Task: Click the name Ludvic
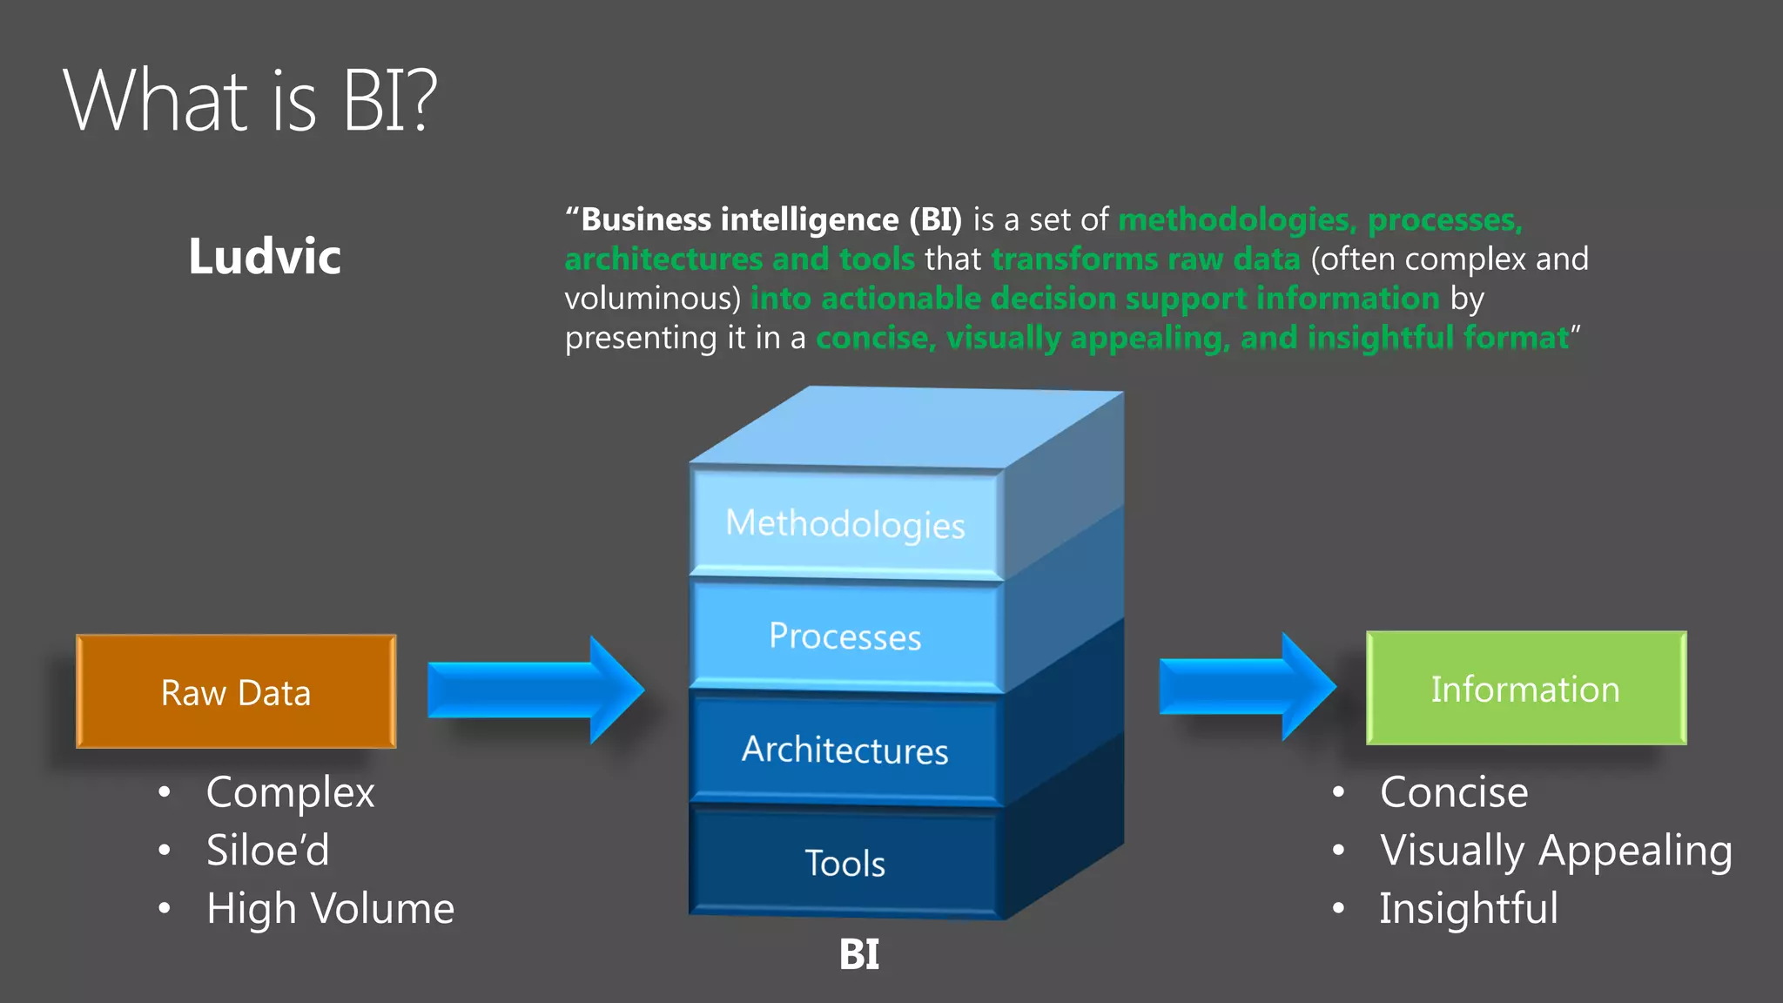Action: (x=265, y=257)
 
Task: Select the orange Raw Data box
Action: (x=236, y=691)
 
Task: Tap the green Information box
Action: (x=1525, y=688)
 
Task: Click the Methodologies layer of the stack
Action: (x=845, y=523)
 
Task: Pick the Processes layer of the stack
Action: (x=845, y=636)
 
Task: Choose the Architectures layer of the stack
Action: (x=845, y=750)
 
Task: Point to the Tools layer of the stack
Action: (x=845, y=863)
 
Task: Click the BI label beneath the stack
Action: (x=858, y=954)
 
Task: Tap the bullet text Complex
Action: (x=290, y=792)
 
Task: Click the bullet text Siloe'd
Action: (x=267, y=851)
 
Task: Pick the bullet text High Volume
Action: (x=330, y=909)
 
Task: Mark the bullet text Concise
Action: (x=1454, y=792)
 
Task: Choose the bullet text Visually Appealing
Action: (x=1556, y=851)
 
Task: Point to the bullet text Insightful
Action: (x=1469, y=909)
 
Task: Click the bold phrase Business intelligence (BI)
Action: (x=770, y=219)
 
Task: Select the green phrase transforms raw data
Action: (x=1145, y=259)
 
